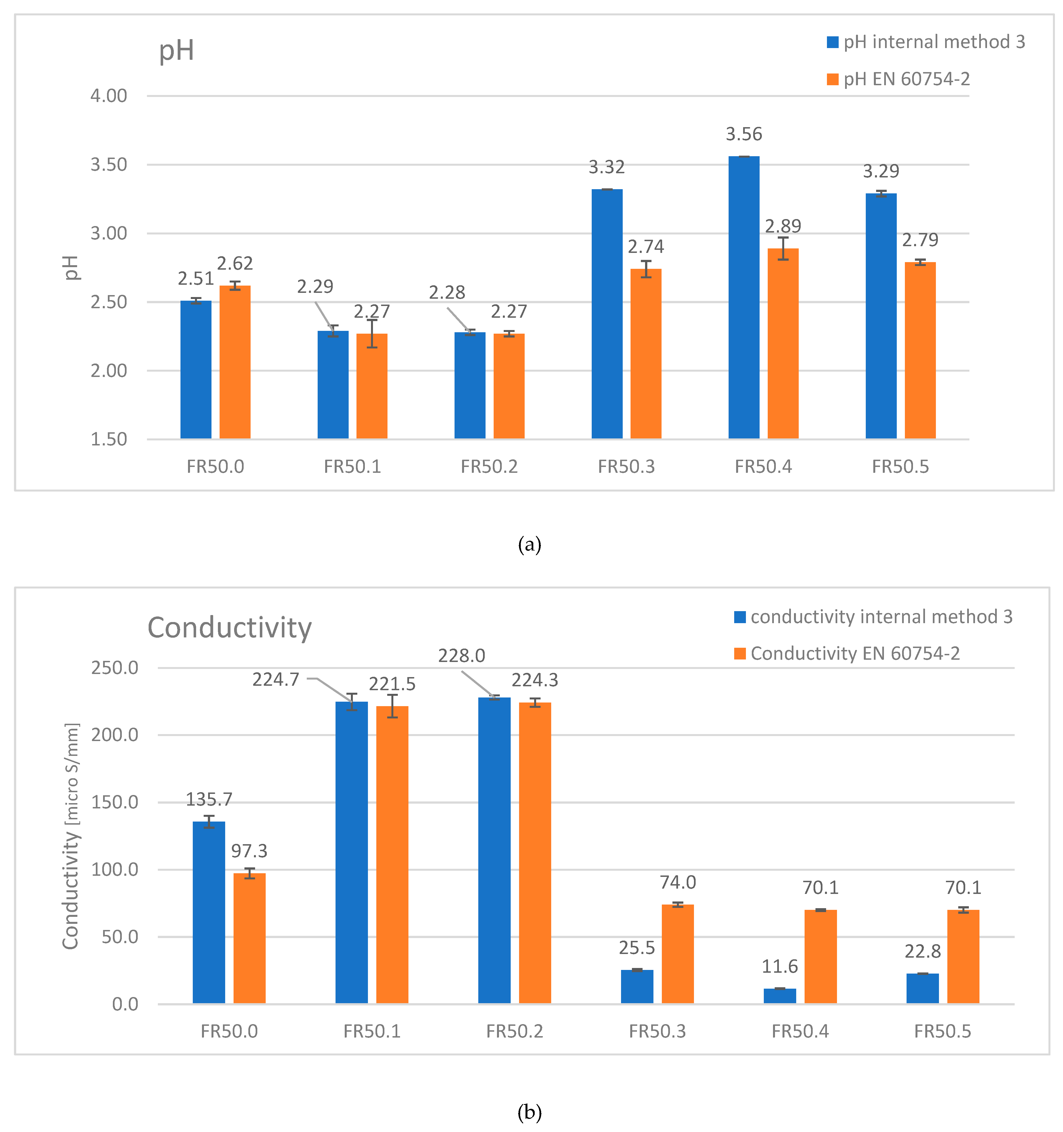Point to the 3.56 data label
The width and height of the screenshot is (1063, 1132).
click(744, 134)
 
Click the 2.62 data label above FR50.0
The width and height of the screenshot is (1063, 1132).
click(235, 264)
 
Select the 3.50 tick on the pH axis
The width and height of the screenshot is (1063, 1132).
click(109, 165)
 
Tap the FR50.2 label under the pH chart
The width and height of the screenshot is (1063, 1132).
click(489, 467)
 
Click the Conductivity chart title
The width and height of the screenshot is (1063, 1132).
click(229, 628)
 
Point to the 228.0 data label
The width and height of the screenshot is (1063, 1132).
click(461, 656)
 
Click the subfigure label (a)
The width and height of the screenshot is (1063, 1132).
click(529, 545)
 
